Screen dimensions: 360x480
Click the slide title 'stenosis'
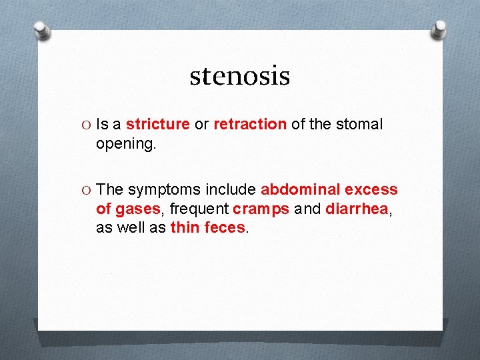(239, 75)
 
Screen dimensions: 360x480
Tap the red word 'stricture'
(157, 125)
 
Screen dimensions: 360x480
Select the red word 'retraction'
(250, 125)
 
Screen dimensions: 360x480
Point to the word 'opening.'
(126, 143)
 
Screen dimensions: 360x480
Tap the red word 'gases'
(137, 209)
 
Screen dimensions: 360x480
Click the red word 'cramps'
(261, 209)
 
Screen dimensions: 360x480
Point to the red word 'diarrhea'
(357, 209)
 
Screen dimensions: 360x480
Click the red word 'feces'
(225, 227)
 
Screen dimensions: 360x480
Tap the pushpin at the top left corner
(43, 30)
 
